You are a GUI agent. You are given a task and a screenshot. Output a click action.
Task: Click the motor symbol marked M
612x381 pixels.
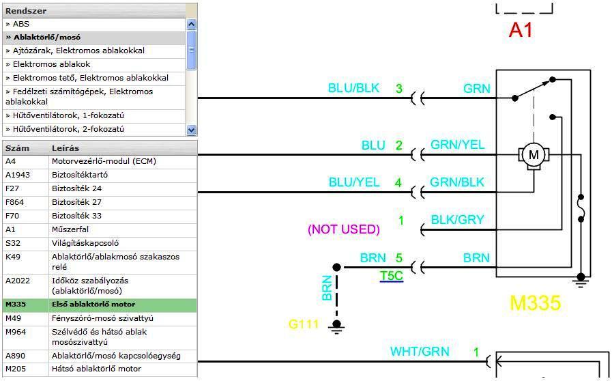pos(534,155)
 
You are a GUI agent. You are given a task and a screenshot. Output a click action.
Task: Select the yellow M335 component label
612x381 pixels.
pos(534,302)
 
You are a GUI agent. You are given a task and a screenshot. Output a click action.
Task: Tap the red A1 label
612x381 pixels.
pos(521,30)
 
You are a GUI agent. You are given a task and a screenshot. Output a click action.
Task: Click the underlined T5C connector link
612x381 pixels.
pos(392,276)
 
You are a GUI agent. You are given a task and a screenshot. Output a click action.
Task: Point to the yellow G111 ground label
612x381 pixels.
pos(304,324)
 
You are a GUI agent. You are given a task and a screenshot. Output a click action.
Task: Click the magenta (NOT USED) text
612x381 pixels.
pos(344,229)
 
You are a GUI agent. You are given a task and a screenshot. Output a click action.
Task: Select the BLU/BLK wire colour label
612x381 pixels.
pos(353,89)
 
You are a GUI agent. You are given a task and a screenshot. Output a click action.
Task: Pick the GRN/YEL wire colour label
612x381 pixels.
pos(457,145)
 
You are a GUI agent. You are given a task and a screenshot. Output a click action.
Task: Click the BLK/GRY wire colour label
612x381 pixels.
pos(457,220)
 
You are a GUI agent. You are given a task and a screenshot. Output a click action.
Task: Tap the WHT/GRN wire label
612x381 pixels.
pos(420,352)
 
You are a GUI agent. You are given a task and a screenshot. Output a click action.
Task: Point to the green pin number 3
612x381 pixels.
pos(399,89)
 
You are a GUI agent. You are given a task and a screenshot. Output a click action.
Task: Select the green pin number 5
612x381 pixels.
pos(399,259)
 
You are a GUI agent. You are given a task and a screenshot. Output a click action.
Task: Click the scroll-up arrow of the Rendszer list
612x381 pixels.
pos(191,25)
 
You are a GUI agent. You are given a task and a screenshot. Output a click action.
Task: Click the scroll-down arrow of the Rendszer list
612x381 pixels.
pos(191,129)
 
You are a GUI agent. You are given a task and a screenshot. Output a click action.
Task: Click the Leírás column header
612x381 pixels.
pos(65,147)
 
